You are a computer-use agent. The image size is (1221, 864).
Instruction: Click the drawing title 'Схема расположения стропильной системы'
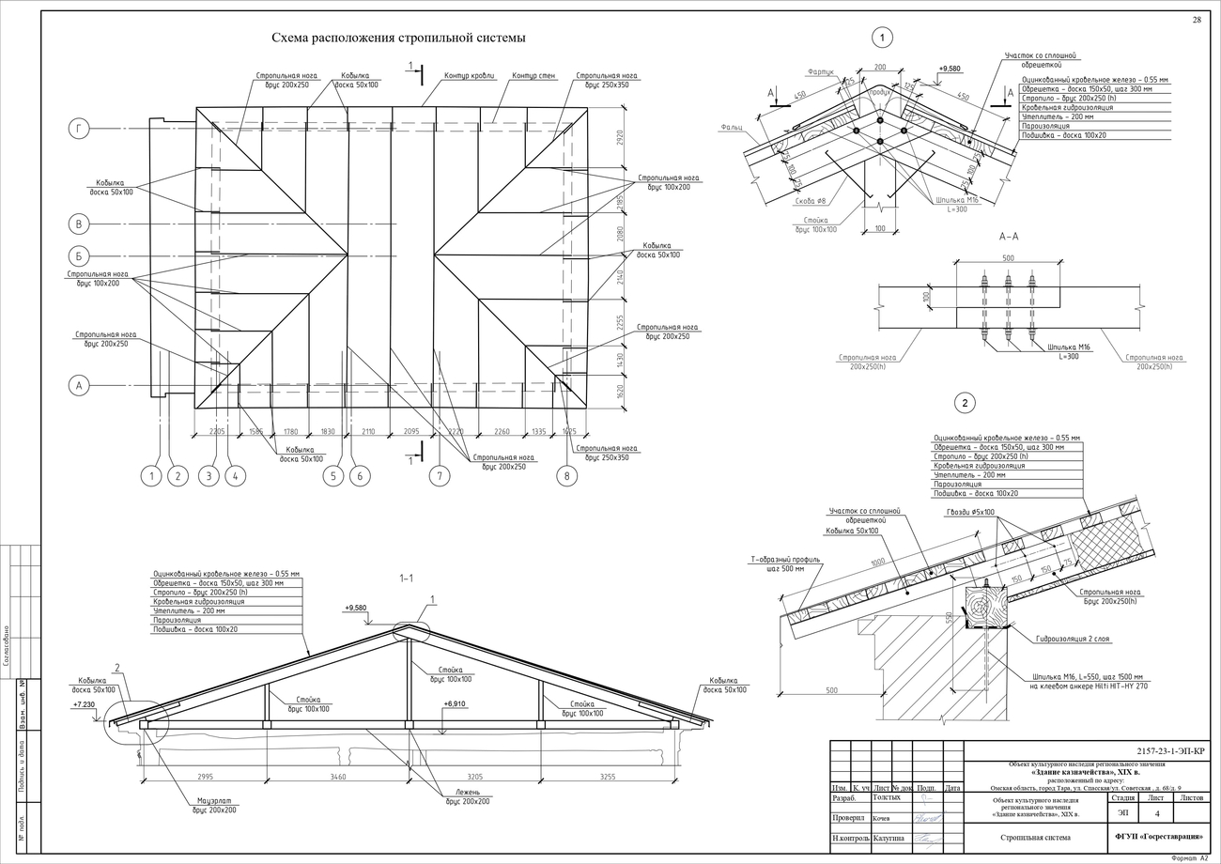[x=398, y=39]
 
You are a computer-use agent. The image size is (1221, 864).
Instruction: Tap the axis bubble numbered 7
[x=439, y=476]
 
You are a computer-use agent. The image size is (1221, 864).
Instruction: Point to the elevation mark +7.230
[x=85, y=703]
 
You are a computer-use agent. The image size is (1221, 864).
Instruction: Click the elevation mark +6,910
[x=455, y=703]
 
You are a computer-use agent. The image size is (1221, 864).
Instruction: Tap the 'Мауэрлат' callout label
[x=215, y=805]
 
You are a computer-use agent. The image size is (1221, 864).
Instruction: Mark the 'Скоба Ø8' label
[x=808, y=201]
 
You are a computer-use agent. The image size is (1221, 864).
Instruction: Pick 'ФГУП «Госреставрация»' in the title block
[x=1158, y=836]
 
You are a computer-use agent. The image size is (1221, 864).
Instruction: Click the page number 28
[x=1197, y=20]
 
